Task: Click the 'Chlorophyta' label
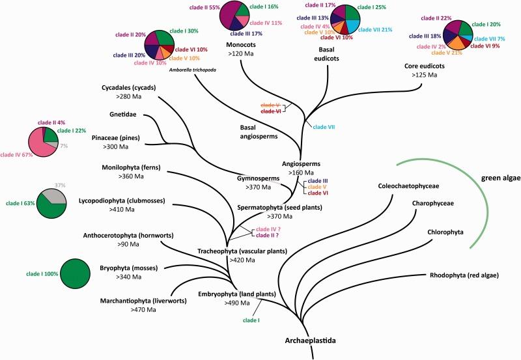pyautogui.click(x=445, y=232)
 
